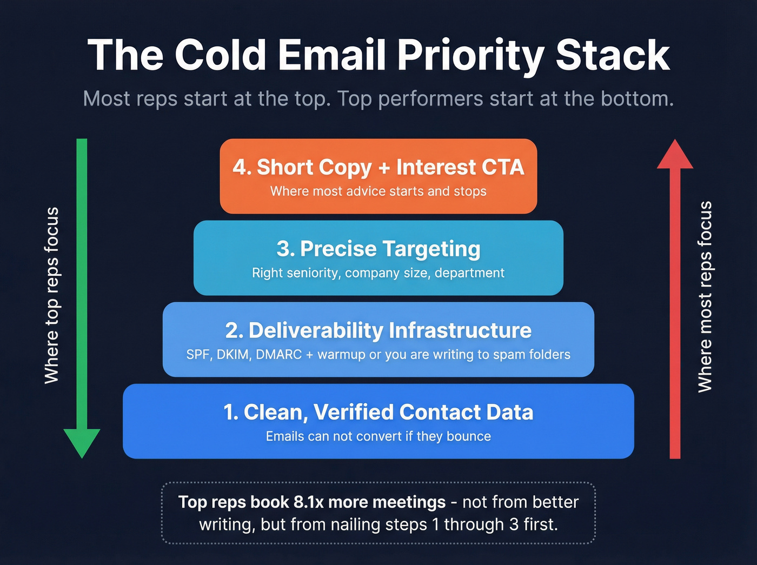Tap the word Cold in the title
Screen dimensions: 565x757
coord(221,55)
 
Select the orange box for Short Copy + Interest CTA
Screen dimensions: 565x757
coord(378,176)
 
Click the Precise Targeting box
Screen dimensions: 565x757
coord(378,258)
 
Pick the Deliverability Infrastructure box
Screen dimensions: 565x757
coord(378,340)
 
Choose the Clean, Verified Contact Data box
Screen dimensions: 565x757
coord(378,421)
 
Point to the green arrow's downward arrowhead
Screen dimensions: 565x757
coord(82,442)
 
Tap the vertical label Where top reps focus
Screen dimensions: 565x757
coord(52,295)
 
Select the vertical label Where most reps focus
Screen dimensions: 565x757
coord(705,296)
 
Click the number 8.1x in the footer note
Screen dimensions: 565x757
coord(308,502)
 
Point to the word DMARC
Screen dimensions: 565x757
coord(279,355)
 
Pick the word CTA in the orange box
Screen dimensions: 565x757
coord(503,168)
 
